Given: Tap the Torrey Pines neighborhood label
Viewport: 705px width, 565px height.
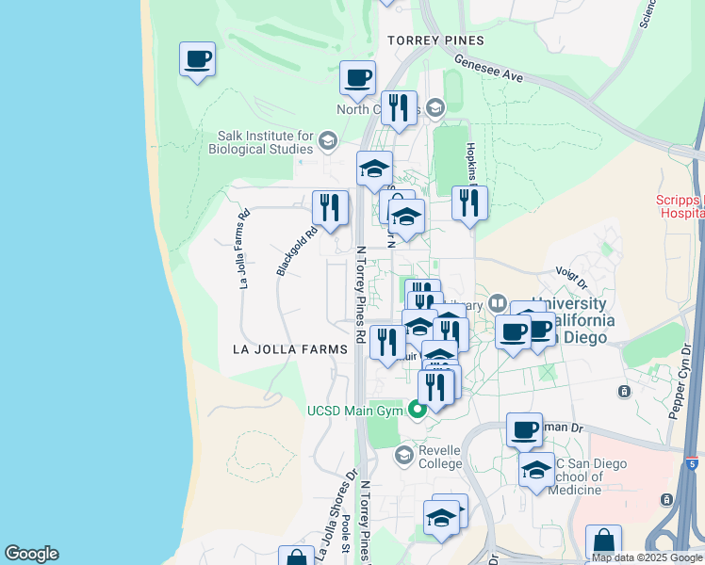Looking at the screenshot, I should click(435, 40).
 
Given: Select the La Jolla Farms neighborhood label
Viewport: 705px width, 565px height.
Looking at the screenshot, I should click(285, 348).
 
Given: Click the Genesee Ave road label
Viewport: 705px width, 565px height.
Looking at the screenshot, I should click(487, 66).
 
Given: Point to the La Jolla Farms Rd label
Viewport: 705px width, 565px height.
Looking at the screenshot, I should click(243, 248).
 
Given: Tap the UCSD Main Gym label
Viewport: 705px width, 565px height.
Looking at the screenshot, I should click(355, 410).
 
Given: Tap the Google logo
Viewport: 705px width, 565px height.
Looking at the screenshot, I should click(31, 554).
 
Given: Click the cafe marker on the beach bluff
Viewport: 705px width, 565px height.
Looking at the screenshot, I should click(197, 60).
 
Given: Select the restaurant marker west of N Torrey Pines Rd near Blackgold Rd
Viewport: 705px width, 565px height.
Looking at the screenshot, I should click(330, 208).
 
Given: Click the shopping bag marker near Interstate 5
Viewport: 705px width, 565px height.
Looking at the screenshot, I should click(603, 543).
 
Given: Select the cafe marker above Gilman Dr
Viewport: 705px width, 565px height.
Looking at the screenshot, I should click(524, 430).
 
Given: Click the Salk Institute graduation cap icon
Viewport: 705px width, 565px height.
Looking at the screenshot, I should click(327, 142).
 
